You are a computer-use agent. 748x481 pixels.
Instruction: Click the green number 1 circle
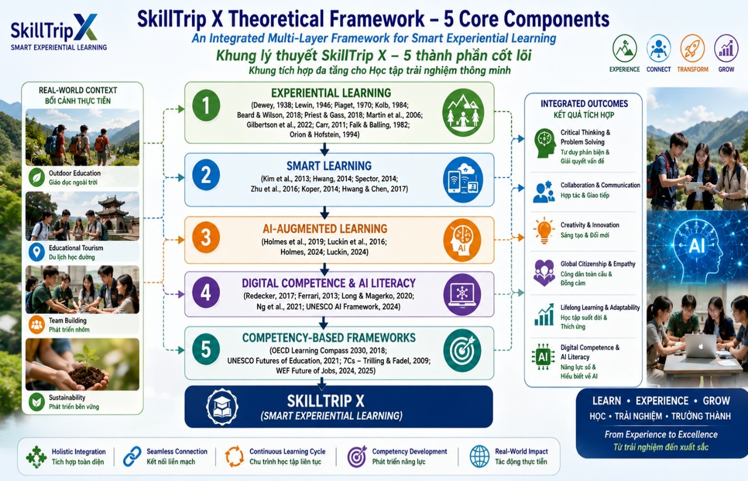tap(206, 106)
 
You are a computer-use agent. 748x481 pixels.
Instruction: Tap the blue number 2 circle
tap(206, 175)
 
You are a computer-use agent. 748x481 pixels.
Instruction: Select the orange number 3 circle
tap(206, 238)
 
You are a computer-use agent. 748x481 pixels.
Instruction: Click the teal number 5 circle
tap(206, 349)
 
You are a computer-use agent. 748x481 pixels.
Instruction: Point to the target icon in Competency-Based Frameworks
tap(463, 350)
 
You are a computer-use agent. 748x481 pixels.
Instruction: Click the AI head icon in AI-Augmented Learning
tap(463, 240)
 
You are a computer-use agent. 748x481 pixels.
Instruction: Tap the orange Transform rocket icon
tap(693, 49)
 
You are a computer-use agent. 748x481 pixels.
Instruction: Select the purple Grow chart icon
tap(726, 49)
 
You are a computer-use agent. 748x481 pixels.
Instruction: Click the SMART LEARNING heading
tap(329, 166)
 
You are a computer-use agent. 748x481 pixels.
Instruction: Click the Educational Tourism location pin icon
tap(37, 252)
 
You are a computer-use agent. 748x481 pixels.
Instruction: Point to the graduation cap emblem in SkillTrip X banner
tap(222, 407)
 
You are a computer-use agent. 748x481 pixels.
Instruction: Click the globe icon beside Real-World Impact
tap(480, 456)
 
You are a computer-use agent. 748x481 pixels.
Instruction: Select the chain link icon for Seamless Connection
tap(132, 456)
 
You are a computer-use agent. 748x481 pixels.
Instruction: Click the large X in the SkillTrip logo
tap(85, 27)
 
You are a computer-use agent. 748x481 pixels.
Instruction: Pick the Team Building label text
tap(68, 320)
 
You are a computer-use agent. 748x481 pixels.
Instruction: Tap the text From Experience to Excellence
tap(661, 434)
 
